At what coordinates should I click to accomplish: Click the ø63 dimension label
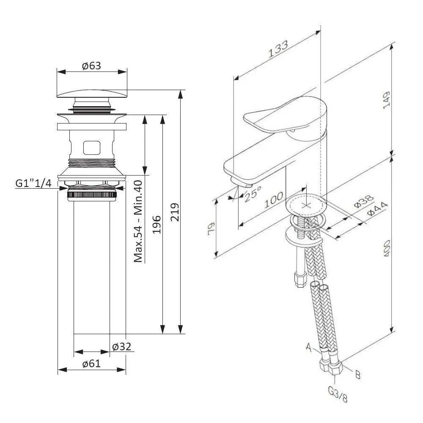point(91,66)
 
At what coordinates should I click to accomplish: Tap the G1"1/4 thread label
point(33,183)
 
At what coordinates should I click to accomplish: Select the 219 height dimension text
point(175,212)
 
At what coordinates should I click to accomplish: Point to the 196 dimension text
point(157,225)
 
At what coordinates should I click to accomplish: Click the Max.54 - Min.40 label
point(138,221)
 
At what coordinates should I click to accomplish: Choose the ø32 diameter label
point(122,346)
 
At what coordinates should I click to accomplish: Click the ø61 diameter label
point(91,364)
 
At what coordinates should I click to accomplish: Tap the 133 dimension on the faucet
point(278,49)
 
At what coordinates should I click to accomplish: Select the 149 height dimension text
point(386,100)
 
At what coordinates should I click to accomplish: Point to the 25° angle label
point(253,194)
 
